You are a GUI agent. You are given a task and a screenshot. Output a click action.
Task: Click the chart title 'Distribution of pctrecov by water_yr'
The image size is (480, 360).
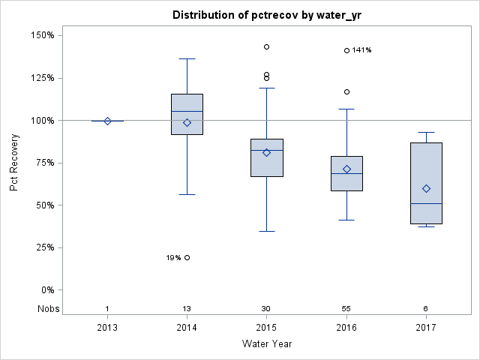click(266, 15)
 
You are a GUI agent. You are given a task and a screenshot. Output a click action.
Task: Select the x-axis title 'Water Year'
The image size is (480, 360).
click(266, 343)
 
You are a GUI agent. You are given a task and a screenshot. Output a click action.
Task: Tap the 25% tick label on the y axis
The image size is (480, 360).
click(42, 247)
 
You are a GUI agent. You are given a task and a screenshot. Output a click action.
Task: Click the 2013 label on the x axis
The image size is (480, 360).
click(107, 328)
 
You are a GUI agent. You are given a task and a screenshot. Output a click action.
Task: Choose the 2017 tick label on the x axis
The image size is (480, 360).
click(425, 328)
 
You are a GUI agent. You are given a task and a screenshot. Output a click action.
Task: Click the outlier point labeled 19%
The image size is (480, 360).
click(187, 257)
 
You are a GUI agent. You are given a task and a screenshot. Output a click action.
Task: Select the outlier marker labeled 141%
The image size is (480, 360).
click(346, 50)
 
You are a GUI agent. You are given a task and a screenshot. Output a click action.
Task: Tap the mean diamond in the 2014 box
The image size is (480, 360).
click(187, 122)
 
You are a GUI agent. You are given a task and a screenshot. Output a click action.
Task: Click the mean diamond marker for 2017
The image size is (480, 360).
click(425, 188)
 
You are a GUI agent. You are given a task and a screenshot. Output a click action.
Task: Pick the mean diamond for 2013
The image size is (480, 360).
click(107, 121)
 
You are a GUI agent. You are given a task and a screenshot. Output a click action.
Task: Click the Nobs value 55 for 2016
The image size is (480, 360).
click(346, 309)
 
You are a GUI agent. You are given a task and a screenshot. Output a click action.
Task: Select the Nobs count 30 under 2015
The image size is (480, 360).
click(266, 309)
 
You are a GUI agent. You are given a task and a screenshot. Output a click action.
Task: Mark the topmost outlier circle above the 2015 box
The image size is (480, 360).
click(266, 46)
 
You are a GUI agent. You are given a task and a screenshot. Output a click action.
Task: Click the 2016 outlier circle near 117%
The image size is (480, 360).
click(346, 91)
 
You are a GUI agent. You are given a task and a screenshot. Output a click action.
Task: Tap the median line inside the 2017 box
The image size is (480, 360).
click(425, 203)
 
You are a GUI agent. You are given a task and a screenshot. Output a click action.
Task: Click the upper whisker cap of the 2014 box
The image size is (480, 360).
click(187, 58)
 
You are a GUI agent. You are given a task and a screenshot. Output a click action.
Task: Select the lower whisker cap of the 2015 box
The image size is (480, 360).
click(266, 231)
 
